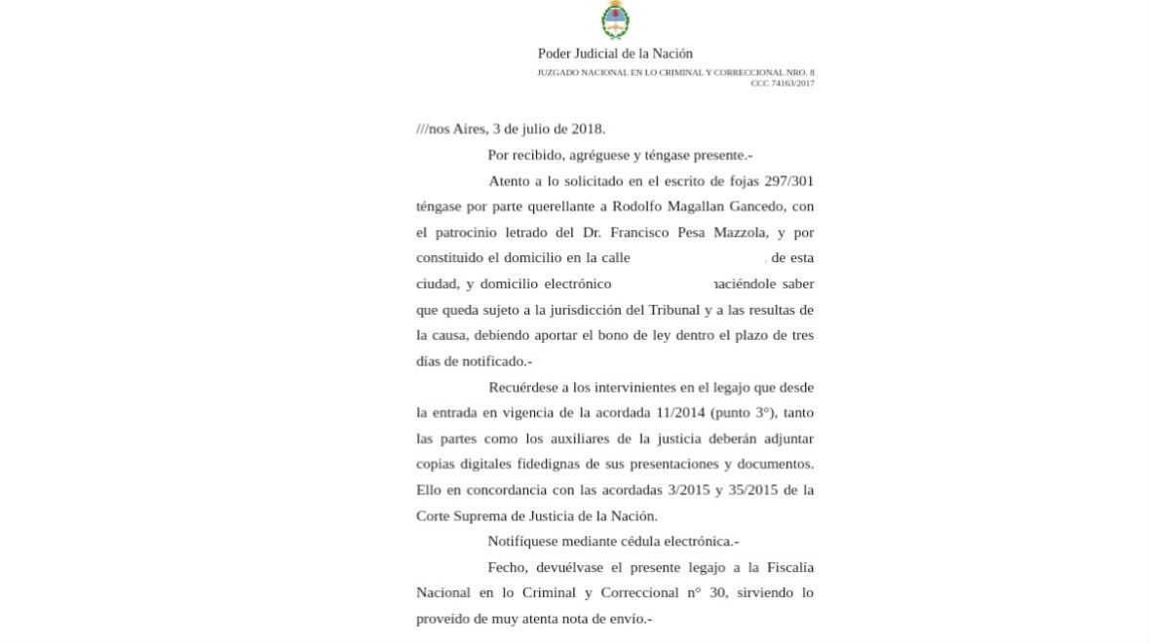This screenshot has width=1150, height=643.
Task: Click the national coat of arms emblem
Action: pyautogui.click(x=615, y=20)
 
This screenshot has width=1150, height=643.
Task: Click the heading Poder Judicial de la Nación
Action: pyautogui.click(x=615, y=54)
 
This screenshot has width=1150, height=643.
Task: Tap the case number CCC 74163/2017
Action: pyautogui.click(x=782, y=83)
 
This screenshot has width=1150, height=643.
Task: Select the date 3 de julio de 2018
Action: pyautogui.click(x=548, y=129)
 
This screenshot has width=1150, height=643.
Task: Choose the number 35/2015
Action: pyautogui.click(x=747, y=490)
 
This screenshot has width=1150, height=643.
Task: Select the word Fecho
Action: pyautogui.click(x=508, y=567)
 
